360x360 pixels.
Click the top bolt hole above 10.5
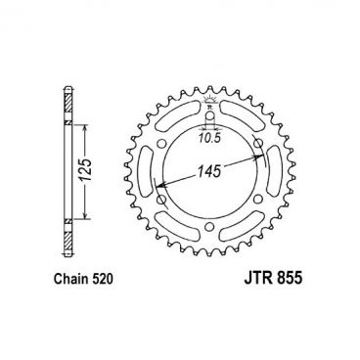pos(208,110)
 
